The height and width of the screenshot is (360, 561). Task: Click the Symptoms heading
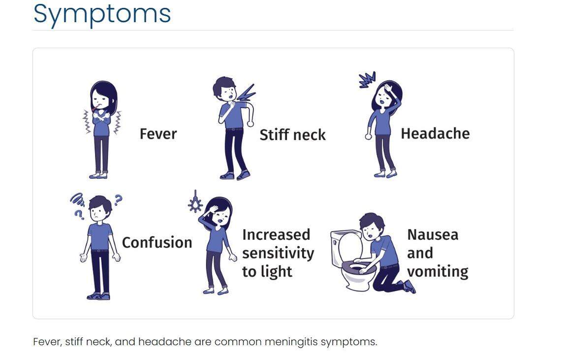[x=102, y=14]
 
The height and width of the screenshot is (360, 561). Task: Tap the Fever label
[x=158, y=134]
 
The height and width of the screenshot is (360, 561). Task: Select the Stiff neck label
[x=292, y=135]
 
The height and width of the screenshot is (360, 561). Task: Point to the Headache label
[x=435, y=133]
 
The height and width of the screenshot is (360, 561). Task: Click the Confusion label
[x=156, y=242]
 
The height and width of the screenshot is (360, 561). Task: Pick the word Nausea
[x=433, y=234]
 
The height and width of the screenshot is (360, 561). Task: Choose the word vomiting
[x=437, y=271]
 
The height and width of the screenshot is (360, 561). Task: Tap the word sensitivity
[x=278, y=253]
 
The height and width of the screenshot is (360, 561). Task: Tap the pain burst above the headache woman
[x=367, y=80]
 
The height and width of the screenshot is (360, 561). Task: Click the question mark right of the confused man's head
[x=118, y=200]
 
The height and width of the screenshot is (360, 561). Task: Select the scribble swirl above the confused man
[x=77, y=198]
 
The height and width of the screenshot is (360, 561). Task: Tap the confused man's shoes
[x=98, y=296]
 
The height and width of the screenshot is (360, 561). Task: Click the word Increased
[x=276, y=234]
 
